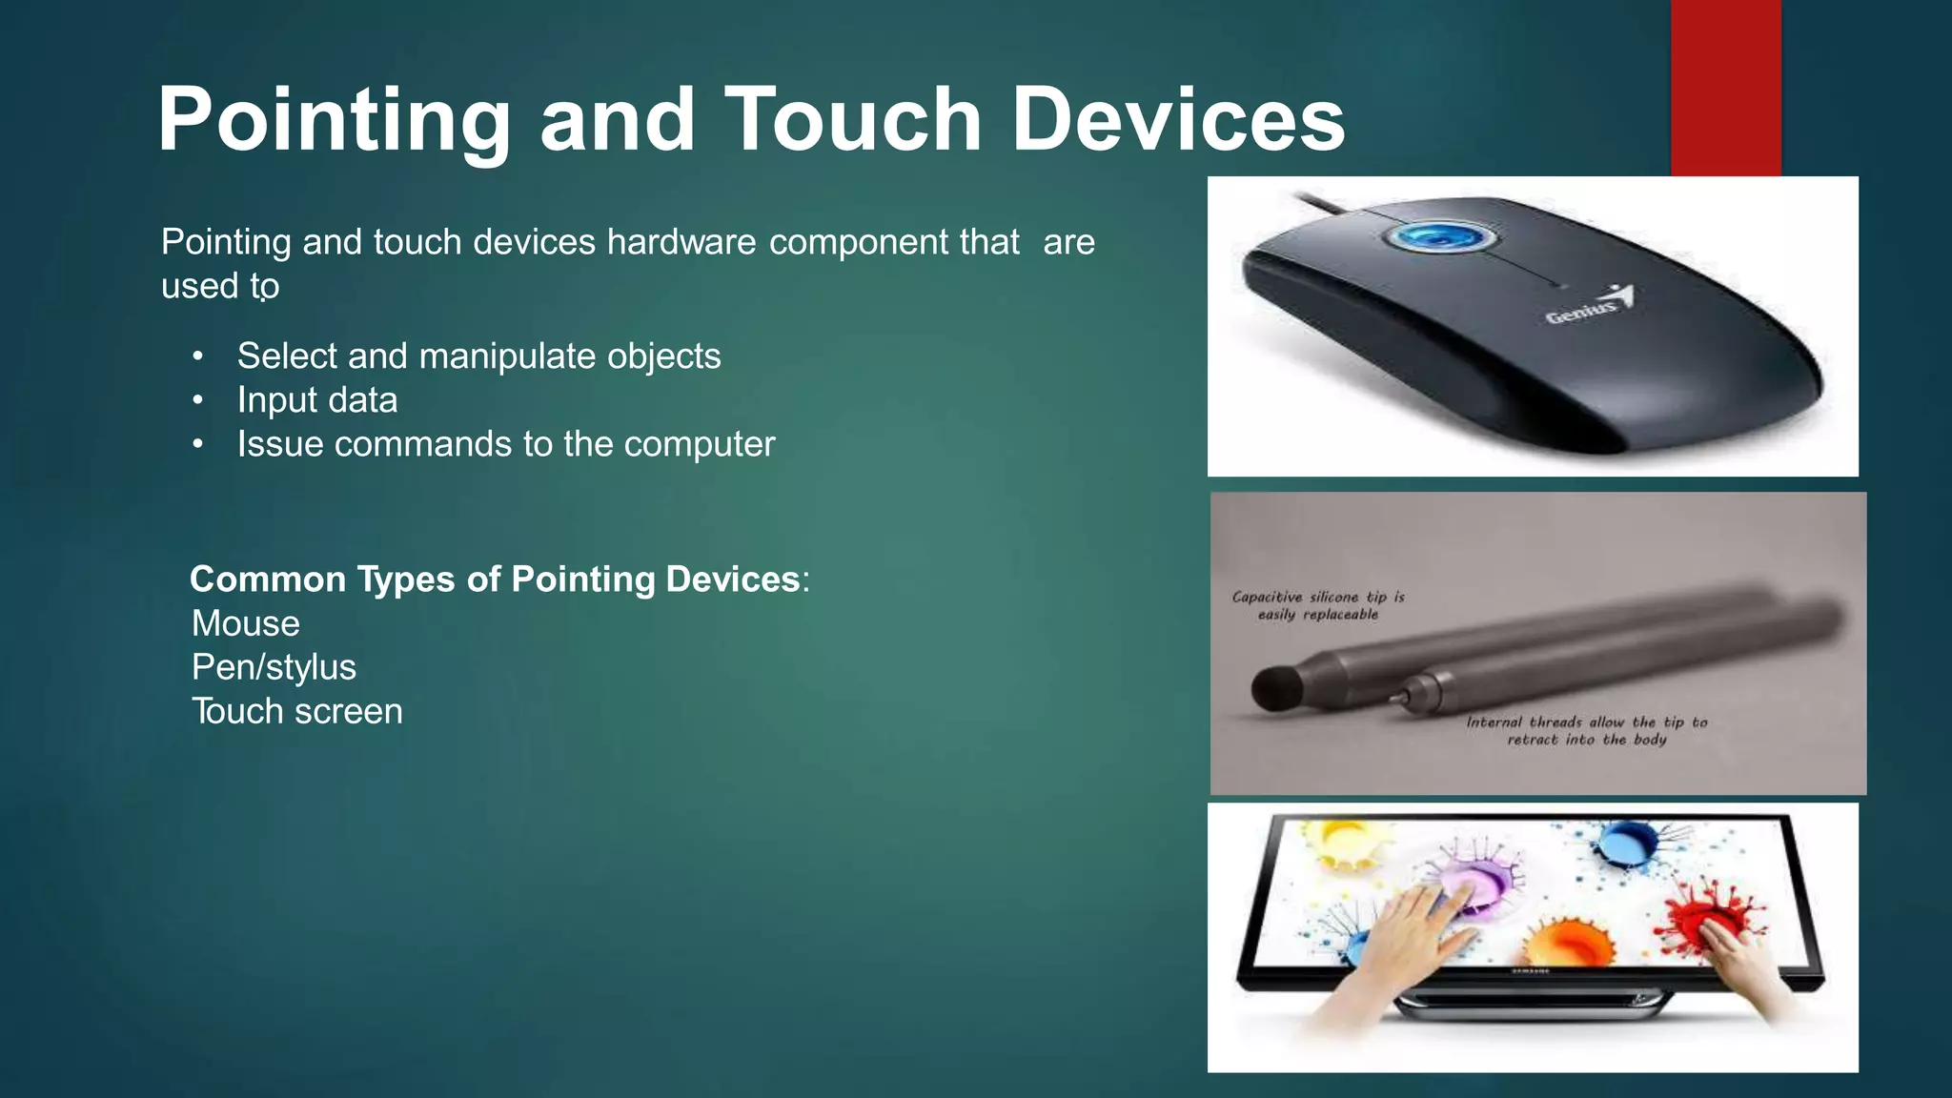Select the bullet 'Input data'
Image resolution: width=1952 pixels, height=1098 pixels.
coord(316,400)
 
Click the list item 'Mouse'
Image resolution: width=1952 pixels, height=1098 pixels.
coord(246,623)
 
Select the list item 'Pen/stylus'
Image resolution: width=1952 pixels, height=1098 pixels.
coord(274,667)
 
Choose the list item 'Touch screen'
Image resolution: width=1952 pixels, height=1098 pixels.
coord(296,711)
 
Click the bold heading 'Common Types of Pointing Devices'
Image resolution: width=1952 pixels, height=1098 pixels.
coord(495,579)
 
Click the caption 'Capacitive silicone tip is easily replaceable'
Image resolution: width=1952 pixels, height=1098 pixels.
coord(1318,605)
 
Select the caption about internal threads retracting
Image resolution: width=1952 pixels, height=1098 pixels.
coord(1586,730)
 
